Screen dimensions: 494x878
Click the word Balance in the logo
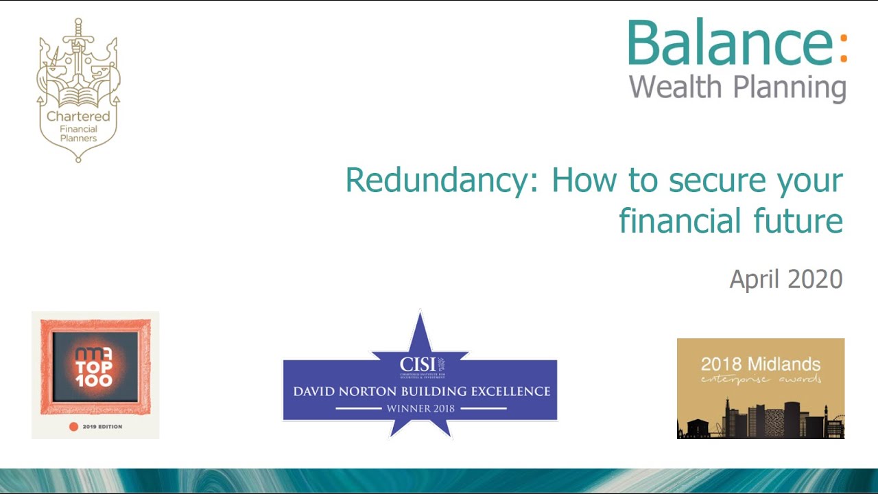tap(731, 43)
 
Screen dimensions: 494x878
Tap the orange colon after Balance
tap(843, 45)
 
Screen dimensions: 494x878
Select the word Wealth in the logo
tap(676, 87)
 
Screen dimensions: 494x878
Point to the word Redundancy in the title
tap(439, 180)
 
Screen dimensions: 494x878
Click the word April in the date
tap(755, 279)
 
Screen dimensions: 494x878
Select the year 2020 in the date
tap(814, 279)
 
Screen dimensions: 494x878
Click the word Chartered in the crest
tap(78, 117)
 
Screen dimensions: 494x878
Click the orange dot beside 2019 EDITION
tap(74, 427)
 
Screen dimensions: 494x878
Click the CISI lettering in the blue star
tap(418, 363)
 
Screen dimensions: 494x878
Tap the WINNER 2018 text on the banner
tap(420, 408)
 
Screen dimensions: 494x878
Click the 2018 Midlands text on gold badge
tap(760, 364)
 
